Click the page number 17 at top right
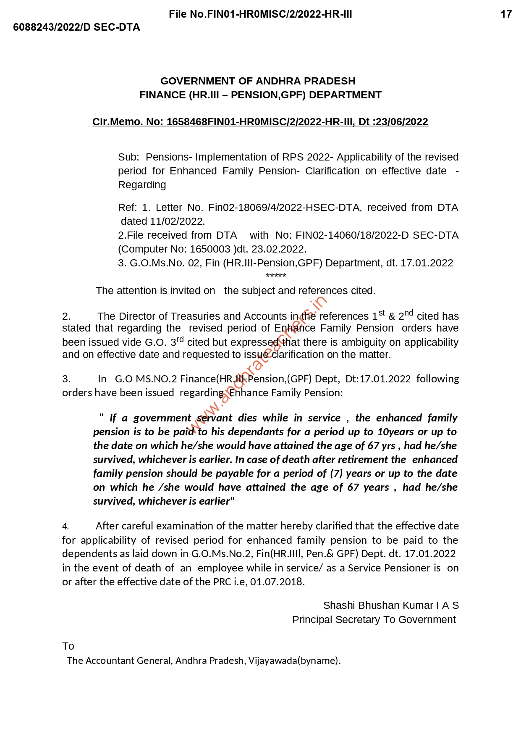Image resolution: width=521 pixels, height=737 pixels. pos(506,14)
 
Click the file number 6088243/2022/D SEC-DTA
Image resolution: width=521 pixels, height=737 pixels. pos(76,27)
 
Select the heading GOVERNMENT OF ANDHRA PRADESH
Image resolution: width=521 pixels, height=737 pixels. pos(258,81)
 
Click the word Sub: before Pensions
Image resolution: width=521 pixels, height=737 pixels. pos(128,157)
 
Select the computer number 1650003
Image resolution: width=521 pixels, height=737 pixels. pos(210,249)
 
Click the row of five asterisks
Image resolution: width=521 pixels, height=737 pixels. pos(276,276)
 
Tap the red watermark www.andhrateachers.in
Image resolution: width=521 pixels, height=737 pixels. pos(258,366)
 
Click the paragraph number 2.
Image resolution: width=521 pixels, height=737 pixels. pos(66,316)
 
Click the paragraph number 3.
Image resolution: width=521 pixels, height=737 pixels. pos(66,379)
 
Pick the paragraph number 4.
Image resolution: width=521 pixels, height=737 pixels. pos(65,526)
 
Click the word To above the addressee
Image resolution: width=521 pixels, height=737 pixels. pos(68,646)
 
